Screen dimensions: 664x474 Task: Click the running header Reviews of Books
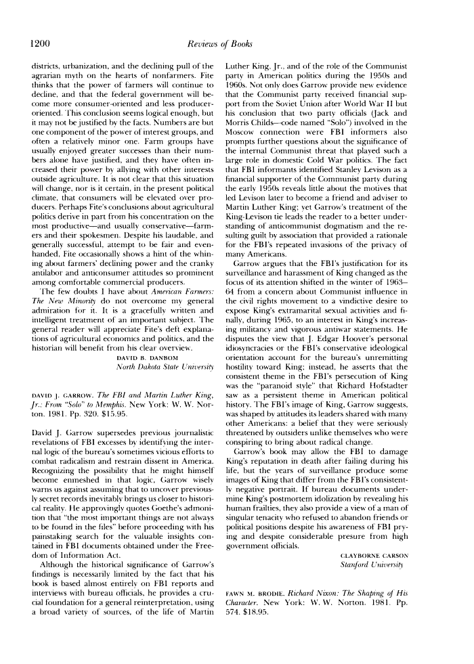(236, 43)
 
